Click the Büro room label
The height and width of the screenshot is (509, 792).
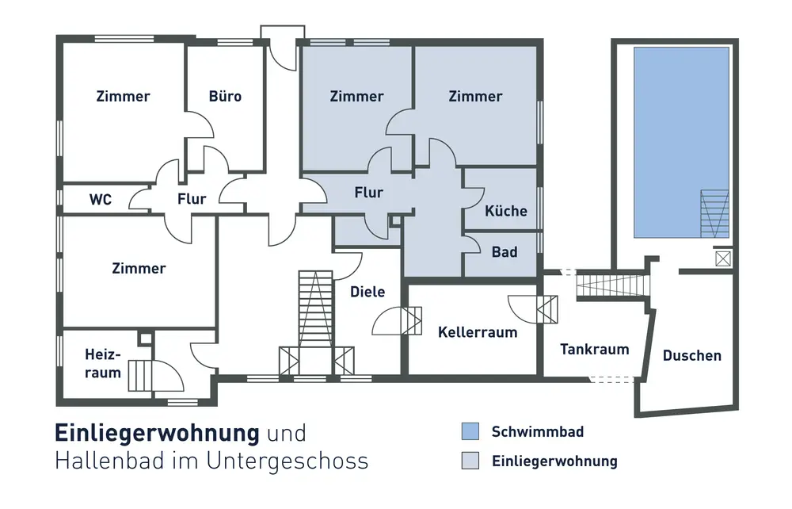coord(225,97)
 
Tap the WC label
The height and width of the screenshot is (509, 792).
coord(101,199)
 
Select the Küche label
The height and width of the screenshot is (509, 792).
coord(506,211)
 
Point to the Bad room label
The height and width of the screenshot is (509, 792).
coord(505,252)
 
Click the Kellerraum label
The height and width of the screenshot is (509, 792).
coord(478,332)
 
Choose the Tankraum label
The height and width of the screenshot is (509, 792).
coord(594,349)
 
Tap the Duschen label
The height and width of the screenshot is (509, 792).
coord(691,355)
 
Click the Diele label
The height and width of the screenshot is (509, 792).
coord(367,292)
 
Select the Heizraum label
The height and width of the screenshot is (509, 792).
coord(103,363)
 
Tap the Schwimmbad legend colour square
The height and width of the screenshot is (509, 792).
coord(471,432)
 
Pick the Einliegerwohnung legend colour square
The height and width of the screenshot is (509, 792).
coord(471,461)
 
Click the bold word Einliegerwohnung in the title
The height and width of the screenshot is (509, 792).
coord(157,433)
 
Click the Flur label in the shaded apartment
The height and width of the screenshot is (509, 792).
coord(369,193)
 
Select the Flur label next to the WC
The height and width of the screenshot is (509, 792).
coord(192,199)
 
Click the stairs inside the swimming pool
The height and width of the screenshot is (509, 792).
coord(714,213)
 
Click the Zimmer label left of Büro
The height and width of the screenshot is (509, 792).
coord(123,97)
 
